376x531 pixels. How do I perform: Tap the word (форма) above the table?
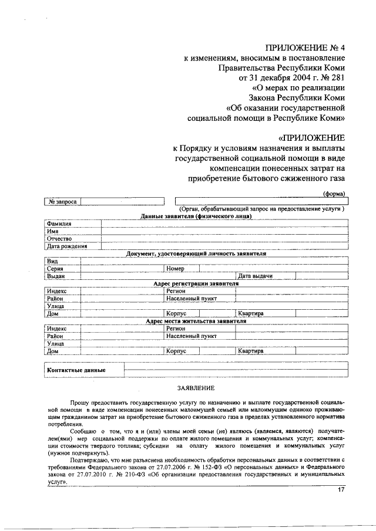pos(333,194)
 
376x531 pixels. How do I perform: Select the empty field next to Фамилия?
pos(223,224)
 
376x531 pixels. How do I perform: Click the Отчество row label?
pos(59,239)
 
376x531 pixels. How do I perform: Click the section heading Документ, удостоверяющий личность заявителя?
pos(196,253)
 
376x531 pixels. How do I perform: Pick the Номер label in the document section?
pos(176,268)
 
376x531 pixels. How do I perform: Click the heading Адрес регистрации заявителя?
pos(196,283)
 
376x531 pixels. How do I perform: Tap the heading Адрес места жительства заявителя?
pos(196,321)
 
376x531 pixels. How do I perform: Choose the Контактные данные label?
pos(76,370)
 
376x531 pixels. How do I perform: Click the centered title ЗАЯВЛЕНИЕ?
pos(196,388)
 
